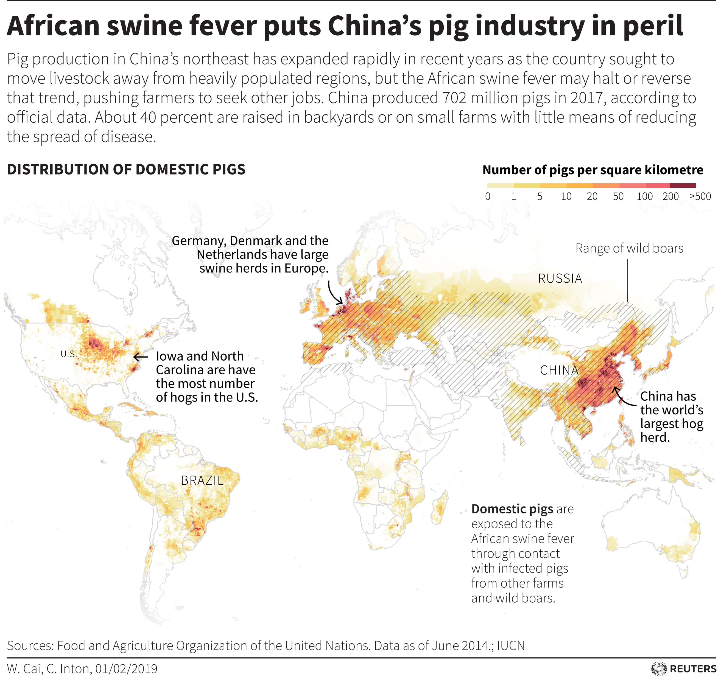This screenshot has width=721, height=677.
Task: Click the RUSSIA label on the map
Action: pos(560,278)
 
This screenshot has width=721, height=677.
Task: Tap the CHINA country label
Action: pos(559,370)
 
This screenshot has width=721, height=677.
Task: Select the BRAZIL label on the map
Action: pos(202,480)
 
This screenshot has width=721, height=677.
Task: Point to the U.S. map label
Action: pos(69,354)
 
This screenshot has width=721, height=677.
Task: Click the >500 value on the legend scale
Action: pos(700,196)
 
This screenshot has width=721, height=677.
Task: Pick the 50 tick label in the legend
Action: pos(618,196)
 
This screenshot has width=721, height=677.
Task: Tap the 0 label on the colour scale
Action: pos(488,196)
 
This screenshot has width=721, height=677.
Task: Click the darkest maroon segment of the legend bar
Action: pos(683,186)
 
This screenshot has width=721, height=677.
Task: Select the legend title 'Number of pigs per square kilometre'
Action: pos(593,170)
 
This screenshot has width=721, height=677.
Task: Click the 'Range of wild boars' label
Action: pos(629,248)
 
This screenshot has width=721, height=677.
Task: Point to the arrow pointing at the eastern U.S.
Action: pos(140,357)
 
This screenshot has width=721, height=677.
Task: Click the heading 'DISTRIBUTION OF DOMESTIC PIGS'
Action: pos(126,169)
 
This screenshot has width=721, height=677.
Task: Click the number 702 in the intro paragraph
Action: pos(454,98)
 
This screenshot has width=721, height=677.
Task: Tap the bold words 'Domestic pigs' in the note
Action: pos(512,509)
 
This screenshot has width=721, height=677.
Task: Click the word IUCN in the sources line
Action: pos(511,645)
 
